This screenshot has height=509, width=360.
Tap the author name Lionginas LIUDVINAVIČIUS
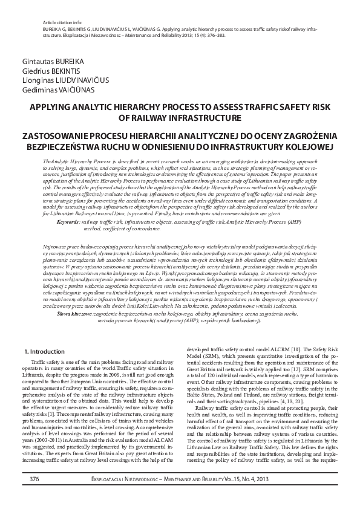coord(63,79)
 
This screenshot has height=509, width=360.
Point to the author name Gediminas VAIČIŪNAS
coord(54,88)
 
